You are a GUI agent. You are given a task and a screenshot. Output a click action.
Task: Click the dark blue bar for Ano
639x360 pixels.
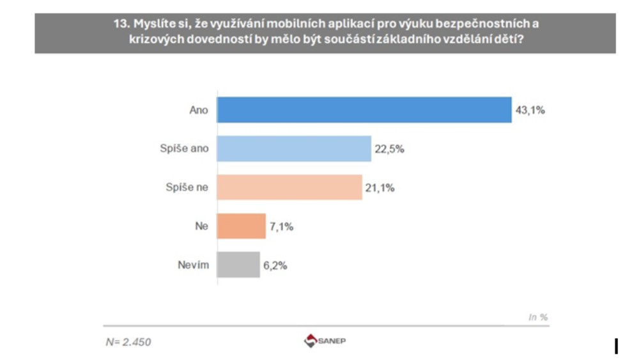(364, 110)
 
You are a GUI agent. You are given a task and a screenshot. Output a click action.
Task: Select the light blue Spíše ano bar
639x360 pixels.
(294, 149)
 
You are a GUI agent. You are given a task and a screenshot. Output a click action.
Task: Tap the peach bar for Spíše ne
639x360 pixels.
(289, 187)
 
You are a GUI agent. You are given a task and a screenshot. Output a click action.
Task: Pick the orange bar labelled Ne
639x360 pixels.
(241, 226)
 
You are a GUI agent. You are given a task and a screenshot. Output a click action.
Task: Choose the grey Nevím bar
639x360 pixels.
(238, 265)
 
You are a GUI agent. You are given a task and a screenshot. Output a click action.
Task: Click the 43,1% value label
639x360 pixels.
(530, 110)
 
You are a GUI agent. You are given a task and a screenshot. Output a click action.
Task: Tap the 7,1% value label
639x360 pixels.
(281, 226)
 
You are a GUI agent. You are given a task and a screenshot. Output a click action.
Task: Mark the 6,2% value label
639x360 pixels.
(275, 265)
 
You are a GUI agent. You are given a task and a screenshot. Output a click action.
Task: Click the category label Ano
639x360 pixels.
(199, 110)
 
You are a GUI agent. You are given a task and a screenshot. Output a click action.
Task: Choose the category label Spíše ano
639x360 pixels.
(185, 149)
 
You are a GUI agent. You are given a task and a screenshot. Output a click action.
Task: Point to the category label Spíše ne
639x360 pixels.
(187, 187)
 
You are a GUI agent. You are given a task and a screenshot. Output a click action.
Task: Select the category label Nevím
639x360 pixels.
(194, 265)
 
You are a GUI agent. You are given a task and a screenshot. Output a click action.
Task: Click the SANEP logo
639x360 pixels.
(325, 341)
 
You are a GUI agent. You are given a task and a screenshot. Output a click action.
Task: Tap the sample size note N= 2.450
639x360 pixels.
(128, 342)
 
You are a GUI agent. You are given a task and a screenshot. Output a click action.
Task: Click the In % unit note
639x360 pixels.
(538, 317)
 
